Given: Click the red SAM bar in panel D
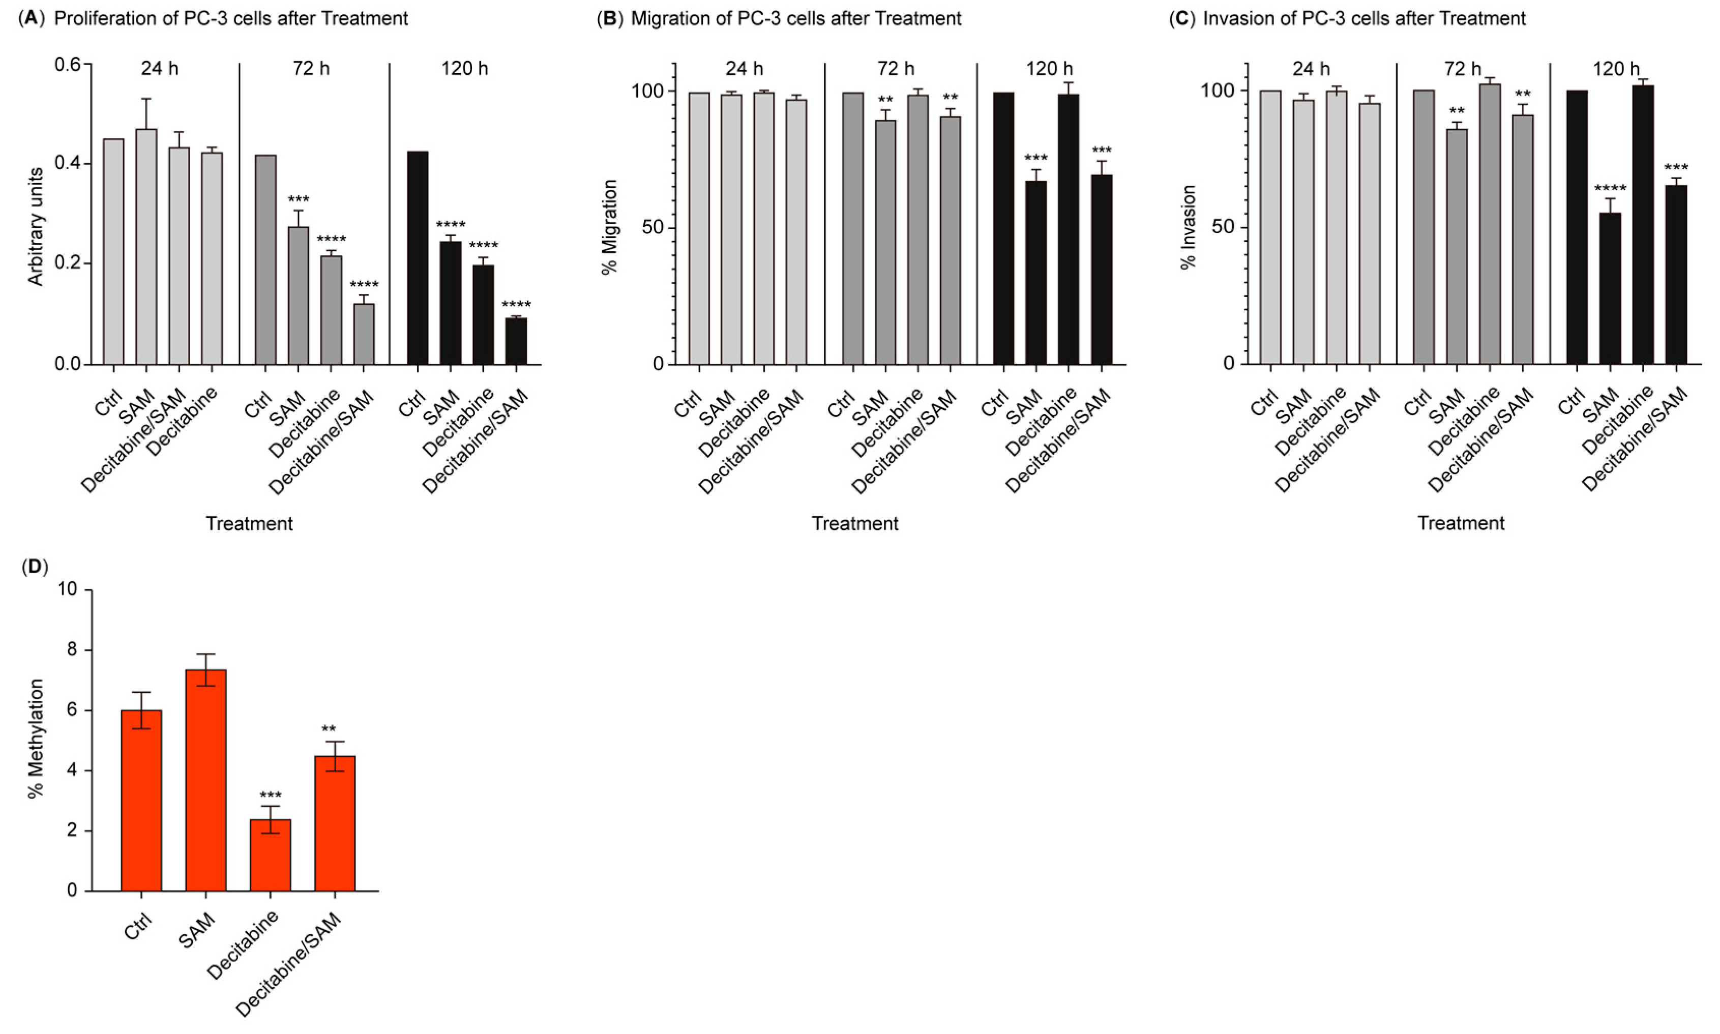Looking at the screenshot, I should tap(205, 780).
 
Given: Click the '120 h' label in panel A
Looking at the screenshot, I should tap(465, 69).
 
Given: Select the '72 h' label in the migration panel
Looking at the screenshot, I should tap(896, 69).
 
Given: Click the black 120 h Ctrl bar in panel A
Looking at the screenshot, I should tap(418, 258).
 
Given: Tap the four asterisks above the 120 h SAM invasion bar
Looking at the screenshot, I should tap(1610, 189).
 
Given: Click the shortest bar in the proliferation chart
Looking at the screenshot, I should tap(516, 341).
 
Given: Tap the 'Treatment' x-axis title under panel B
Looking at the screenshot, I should tap(855, 523).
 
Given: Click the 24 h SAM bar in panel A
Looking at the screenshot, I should tap(146, 247).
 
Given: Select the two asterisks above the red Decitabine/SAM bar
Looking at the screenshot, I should tap(328, 729).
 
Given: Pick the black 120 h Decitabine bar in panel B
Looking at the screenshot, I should tap(1068, 230).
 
